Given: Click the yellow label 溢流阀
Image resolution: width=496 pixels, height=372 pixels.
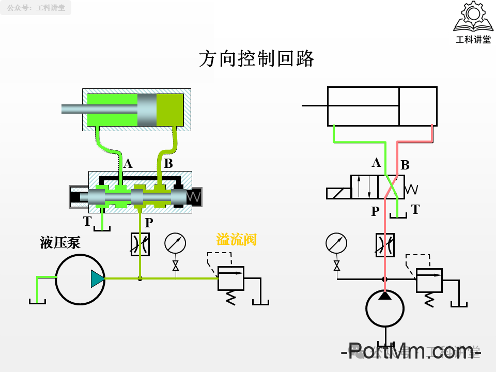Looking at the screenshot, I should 236,239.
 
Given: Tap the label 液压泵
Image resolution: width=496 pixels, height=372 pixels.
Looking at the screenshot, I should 60,243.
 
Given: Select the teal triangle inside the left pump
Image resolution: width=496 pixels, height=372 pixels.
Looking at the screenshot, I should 97,278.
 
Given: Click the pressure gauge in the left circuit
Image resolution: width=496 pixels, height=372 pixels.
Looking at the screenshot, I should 175,243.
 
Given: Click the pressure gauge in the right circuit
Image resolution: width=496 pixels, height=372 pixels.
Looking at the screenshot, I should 336,243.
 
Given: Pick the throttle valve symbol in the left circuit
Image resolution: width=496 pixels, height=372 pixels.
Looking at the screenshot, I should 140,244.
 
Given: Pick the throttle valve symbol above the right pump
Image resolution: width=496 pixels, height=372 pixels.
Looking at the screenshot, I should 384,244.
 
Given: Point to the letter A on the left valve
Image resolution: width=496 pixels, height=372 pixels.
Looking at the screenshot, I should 128,164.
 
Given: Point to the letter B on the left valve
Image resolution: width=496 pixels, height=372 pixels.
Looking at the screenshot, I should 168,164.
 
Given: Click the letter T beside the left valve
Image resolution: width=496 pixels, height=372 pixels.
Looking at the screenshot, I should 87,222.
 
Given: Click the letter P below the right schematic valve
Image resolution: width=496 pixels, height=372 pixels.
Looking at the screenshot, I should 375,211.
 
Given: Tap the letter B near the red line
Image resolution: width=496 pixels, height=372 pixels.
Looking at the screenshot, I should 405,165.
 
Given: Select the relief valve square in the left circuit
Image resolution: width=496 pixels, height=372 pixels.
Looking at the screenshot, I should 230,278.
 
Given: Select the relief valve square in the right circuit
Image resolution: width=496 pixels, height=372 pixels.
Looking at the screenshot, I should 429,280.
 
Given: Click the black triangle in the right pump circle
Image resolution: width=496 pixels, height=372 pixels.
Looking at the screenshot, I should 384,295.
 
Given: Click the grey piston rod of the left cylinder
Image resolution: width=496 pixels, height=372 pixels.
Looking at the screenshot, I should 98,109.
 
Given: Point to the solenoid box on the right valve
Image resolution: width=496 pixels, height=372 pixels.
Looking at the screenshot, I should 338,193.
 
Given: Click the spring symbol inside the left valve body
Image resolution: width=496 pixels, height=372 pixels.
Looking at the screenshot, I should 194,197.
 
